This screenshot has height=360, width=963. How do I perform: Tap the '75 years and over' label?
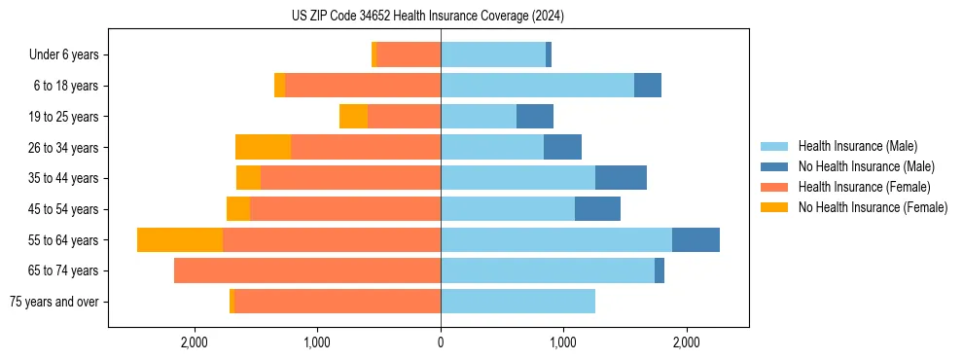tap(53, 302)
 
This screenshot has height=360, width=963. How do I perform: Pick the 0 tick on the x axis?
tap(441, 342)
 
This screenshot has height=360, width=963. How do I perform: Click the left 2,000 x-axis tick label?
tap(195, 342)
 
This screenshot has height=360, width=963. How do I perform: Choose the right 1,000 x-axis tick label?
tap(563, 342)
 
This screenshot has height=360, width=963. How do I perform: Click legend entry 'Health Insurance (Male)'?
tap(857, 146)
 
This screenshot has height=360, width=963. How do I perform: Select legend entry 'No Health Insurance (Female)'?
tap(873, 207)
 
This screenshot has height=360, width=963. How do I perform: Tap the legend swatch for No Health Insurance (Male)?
tap(775, 166)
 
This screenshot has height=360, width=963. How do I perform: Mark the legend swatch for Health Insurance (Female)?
tap(775, 187)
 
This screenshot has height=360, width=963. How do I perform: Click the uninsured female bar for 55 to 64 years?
tap(180, 240)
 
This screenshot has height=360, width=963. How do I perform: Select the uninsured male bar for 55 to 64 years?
tap(695, 240)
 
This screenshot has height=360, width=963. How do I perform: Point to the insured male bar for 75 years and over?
tap(517, 302)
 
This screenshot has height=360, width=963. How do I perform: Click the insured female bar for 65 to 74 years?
tap(307, 270)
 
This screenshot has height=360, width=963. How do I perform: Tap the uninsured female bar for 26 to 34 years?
tap(263, 148)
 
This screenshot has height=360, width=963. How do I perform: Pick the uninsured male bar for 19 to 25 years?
tap(535, 117)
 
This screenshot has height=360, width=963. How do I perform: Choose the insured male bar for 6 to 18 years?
tap(537, 86)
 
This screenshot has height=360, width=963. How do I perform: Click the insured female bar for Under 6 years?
tap(409, 55)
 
